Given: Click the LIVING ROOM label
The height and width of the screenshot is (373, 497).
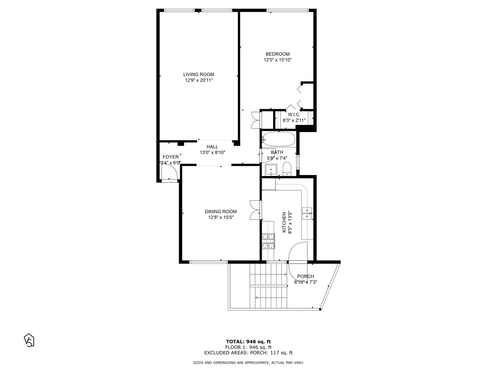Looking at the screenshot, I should [x=198, y=74].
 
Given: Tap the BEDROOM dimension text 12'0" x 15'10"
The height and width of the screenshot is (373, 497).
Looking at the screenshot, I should [x=277, y=60].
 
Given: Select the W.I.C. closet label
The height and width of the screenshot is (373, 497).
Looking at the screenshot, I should [x=294, y=115].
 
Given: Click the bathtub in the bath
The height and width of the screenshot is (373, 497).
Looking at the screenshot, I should [x=279, y=139].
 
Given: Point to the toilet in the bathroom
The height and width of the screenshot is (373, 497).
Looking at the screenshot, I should [x=287, y=169].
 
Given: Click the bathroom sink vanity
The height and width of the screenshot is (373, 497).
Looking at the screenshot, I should [x=271, y=170].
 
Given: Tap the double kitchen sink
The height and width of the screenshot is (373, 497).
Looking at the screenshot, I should [x=307, y=213].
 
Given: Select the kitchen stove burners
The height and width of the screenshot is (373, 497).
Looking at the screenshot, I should [x=269, y=241].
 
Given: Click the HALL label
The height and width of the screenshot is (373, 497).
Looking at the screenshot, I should [x=212, y=147].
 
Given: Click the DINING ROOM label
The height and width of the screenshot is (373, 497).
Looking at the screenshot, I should [x=221, y=212].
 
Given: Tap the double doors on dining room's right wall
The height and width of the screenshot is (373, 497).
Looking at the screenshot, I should [x=255, y=210].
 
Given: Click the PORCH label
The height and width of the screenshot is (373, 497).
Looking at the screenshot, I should [x=305, y=276].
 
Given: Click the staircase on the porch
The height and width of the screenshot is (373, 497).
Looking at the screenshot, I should [x=269, y=286].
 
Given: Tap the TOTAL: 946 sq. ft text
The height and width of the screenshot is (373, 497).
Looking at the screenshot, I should [x=248, y=342].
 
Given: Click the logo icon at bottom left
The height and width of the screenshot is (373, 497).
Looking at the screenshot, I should [x=29, y=340].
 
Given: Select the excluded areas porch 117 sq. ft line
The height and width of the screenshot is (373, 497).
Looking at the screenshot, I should [x=248, y=353].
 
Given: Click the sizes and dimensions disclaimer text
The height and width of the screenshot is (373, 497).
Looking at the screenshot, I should [x=248, y=363].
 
